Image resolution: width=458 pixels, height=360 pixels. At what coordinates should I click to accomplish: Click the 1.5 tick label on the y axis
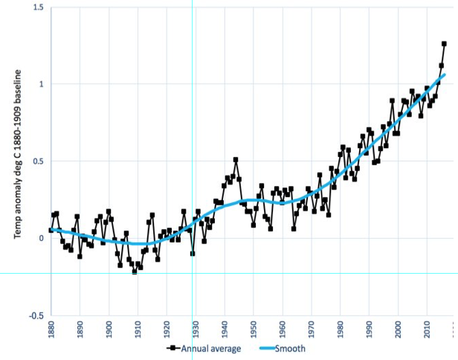pos(36,7)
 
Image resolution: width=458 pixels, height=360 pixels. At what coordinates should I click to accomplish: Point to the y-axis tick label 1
pos(41,84)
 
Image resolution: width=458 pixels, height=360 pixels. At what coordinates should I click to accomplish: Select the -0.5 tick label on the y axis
pos(35,315)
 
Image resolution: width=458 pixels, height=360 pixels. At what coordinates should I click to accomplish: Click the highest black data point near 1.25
pos(444,44)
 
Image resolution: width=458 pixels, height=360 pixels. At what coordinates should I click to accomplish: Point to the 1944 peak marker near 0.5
pos(236,160)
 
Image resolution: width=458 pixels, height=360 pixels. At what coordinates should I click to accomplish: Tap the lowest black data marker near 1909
pos(135,271)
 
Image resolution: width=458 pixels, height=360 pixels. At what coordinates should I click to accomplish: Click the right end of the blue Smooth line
pos(445,74)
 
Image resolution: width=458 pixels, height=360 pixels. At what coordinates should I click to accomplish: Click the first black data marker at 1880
pos(51,231)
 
